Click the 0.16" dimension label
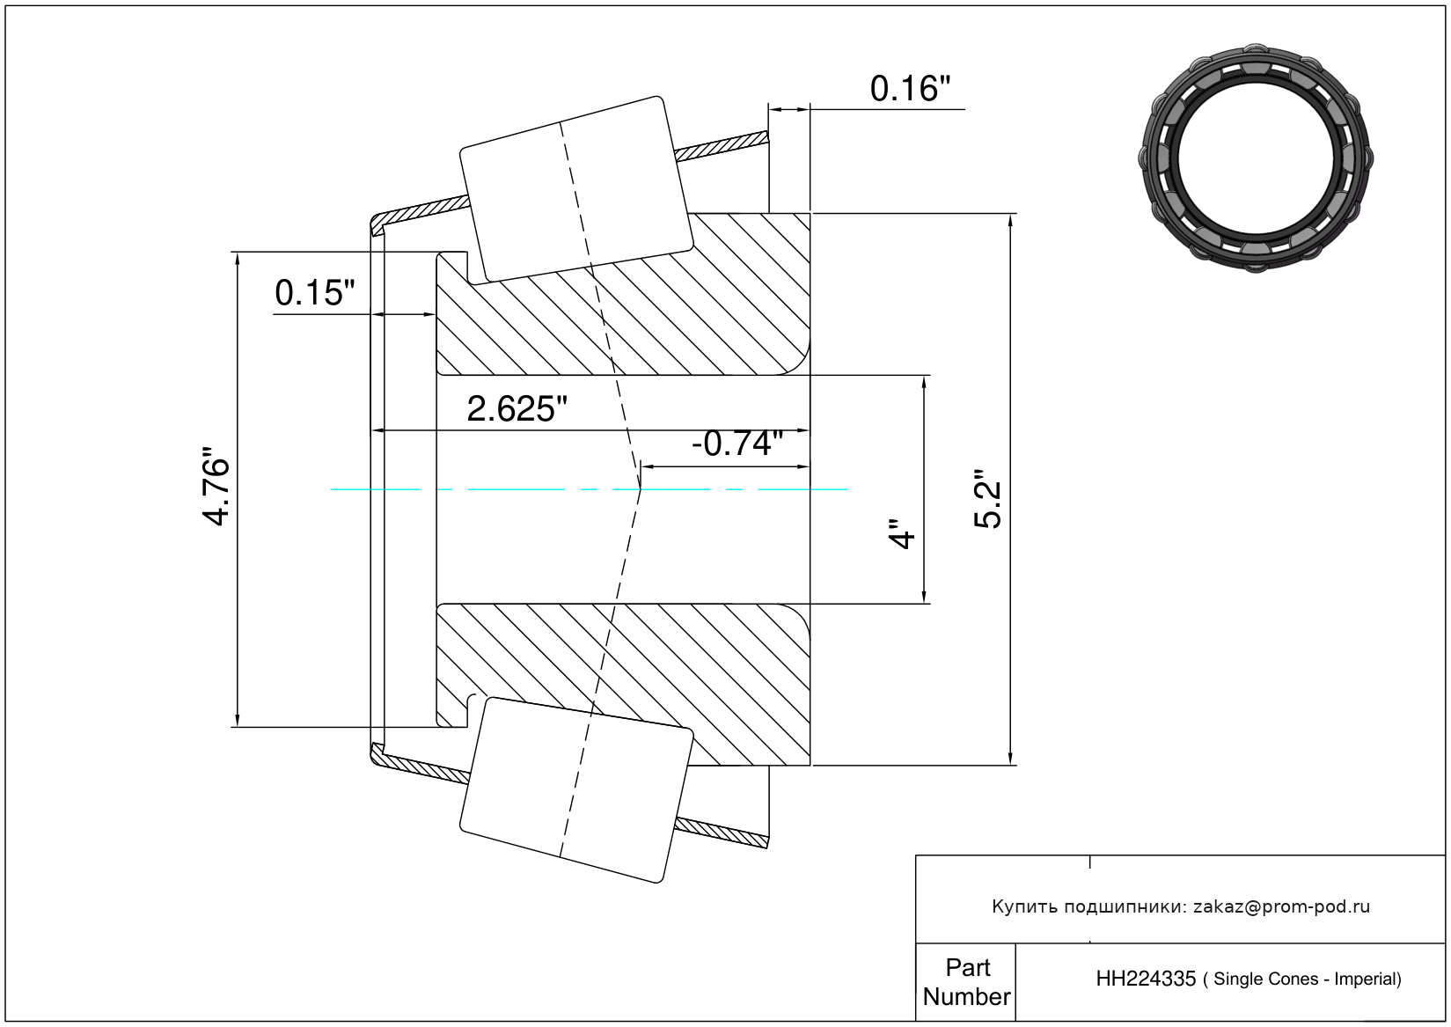click(x=910, y=89)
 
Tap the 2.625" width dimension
click(x=517, y=409)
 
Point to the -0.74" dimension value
click(x=737, y=444)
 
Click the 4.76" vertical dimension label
click(x=216, y=486)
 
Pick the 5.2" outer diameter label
click(x=988, y=505)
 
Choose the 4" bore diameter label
click(x=902, y=533)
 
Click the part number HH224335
click(x=1146, y=979)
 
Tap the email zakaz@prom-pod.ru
click(x=1281, y=906)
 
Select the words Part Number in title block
click(x=967, y=982)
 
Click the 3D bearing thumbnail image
click(x=1256, y=158)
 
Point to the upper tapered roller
click(x=576, y=190)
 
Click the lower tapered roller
click(x=576, y=789)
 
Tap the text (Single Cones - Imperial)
click(x=1302, y=979)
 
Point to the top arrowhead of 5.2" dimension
click(x=1010, y=220)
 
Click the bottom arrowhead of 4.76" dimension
click(x=238, y=720)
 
